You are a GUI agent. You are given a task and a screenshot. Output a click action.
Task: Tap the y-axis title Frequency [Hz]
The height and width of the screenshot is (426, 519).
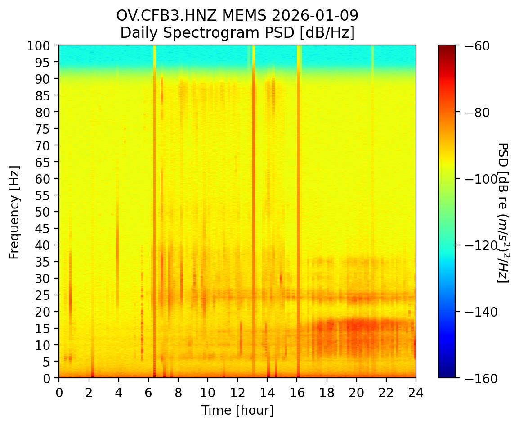(14, 212)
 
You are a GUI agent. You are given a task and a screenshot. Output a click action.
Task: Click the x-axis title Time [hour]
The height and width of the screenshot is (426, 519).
(237, 410)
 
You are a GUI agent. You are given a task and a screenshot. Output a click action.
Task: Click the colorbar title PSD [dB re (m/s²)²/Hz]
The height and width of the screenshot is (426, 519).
(503, 212)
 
